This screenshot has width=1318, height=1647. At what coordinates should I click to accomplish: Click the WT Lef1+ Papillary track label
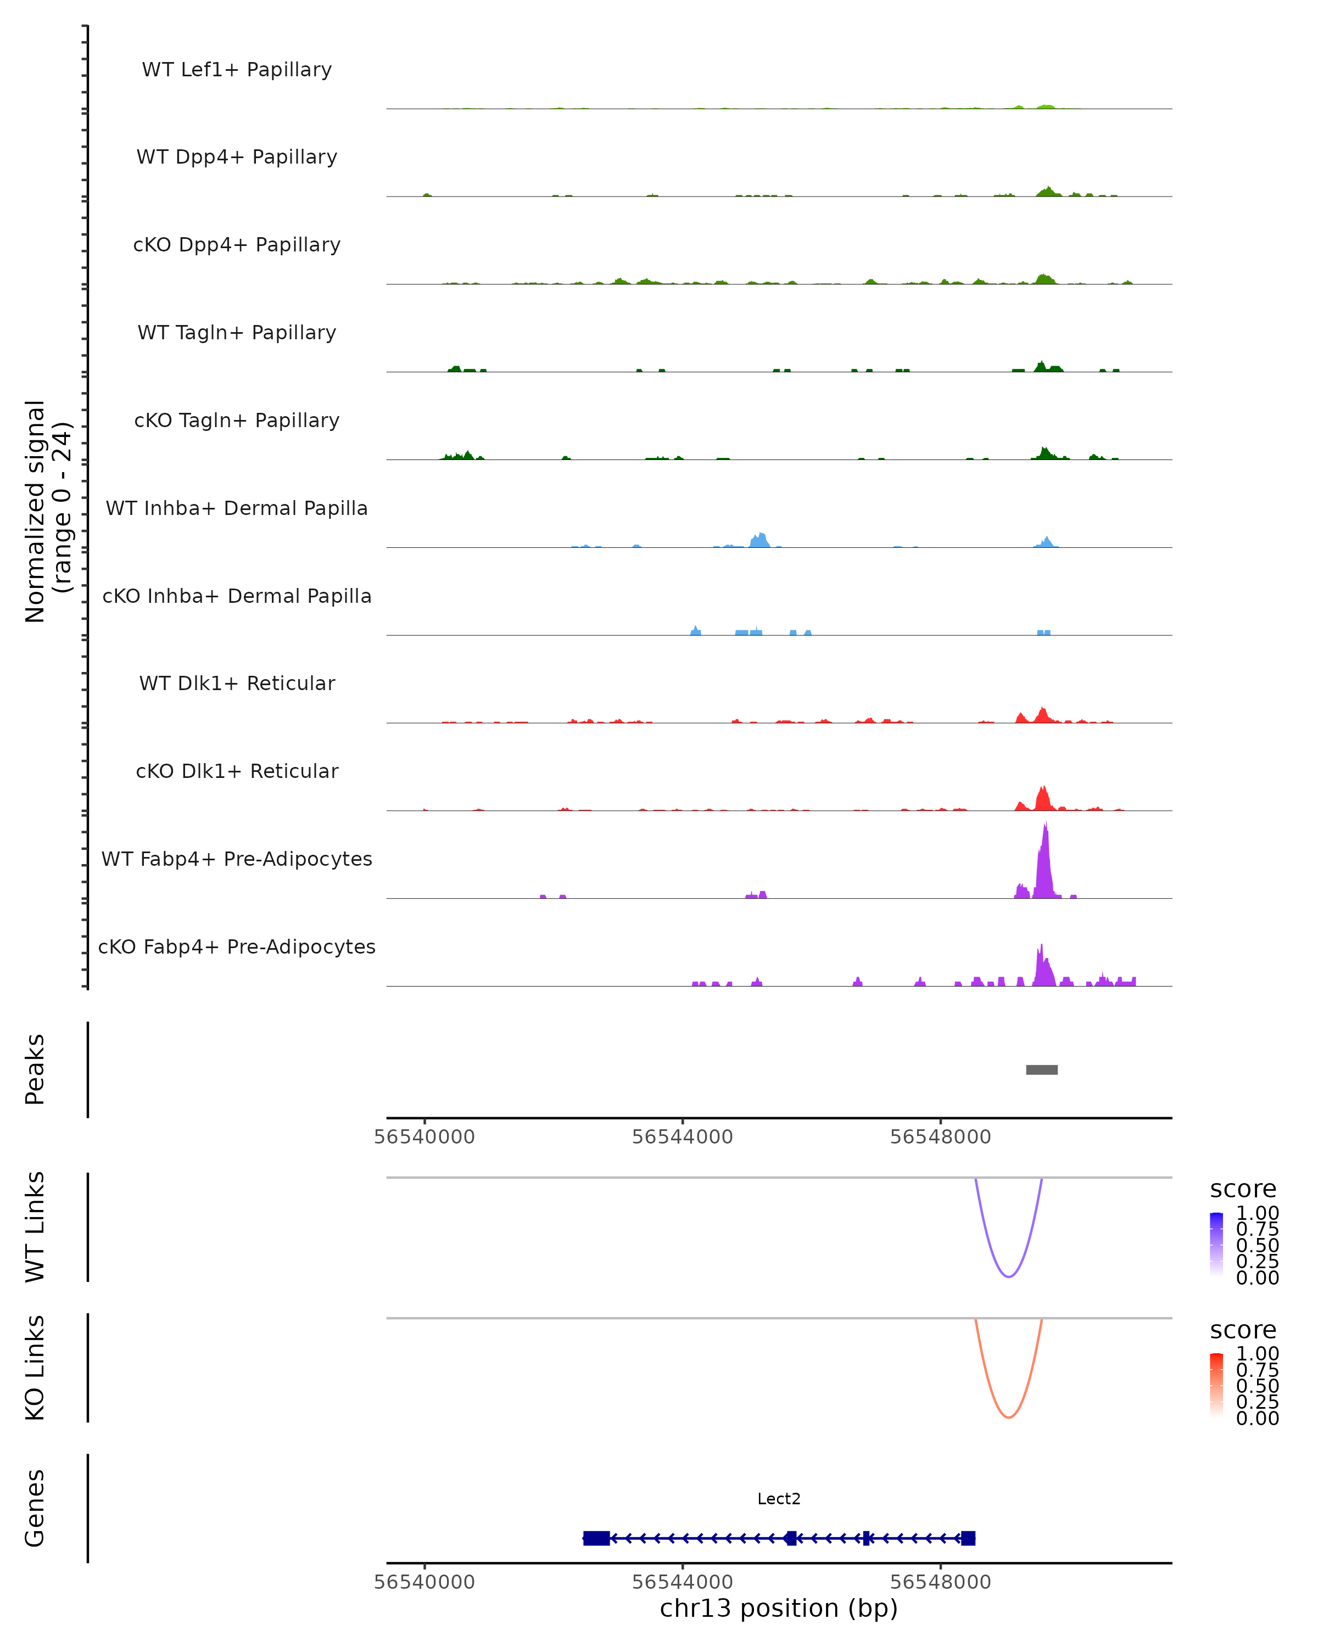coord(237,70)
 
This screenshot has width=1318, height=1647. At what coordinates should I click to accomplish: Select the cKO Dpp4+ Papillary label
coord(237,244)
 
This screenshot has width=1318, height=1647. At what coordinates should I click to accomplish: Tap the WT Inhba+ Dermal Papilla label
coord(237,508)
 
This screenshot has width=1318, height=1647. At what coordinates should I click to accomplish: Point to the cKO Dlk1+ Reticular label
coord(237,771)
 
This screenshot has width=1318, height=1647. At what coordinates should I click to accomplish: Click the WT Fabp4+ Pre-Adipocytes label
coord(237,859)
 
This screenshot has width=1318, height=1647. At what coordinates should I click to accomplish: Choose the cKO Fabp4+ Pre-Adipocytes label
coord(237,946)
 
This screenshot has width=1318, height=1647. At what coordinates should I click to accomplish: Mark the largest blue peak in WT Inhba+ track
coord(759,540)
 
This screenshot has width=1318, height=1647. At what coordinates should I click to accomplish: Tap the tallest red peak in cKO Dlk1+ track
coord(1043,799)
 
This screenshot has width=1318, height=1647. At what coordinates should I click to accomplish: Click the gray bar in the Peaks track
coord(1041,1069)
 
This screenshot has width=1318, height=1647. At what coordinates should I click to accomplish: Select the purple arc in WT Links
coord(1009,1276)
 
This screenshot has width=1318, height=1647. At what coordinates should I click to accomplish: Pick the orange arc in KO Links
coord(1009,1417)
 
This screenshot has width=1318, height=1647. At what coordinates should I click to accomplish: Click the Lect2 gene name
coord(779,1499)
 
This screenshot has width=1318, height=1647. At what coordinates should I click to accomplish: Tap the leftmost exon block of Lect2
coord(596,1538)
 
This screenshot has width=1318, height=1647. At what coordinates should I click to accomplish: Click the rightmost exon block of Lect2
coord(968,1538)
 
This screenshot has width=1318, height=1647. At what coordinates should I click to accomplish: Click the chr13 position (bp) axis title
coord(779,1608)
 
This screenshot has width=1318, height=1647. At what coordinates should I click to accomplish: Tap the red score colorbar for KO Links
coord(1216,1385)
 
